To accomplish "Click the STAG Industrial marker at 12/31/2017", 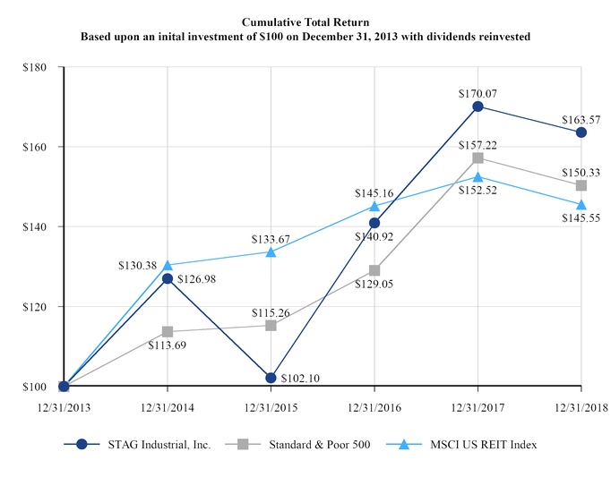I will (x=478, y=106).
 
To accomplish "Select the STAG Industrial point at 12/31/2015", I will (x=271, y=378).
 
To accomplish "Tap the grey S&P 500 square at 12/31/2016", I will (x=374, y=270).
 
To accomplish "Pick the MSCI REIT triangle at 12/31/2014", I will (x=168, y=265).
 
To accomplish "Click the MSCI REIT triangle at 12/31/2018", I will (x=581, y=204).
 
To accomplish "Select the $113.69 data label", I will (x=168, y=346).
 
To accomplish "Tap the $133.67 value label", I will (x=271, y=237).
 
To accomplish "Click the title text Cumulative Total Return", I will (x=305, y=20).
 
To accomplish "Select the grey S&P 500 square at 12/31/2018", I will (x=581, y=186).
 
